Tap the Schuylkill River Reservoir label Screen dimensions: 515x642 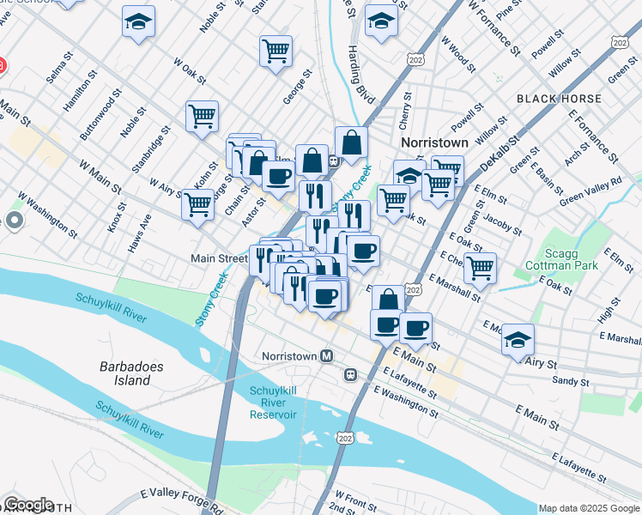click(273, 403)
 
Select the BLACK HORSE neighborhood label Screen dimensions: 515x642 click(559, 100)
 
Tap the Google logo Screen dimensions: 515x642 click(27, 505)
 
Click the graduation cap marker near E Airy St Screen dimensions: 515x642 click(518, 339)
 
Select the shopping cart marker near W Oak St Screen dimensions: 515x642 click(275, 51)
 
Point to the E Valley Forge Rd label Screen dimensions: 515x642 click(185, 500)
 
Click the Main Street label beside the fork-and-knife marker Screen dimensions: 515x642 click(219, 257)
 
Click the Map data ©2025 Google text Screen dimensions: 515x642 click(588, 508)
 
